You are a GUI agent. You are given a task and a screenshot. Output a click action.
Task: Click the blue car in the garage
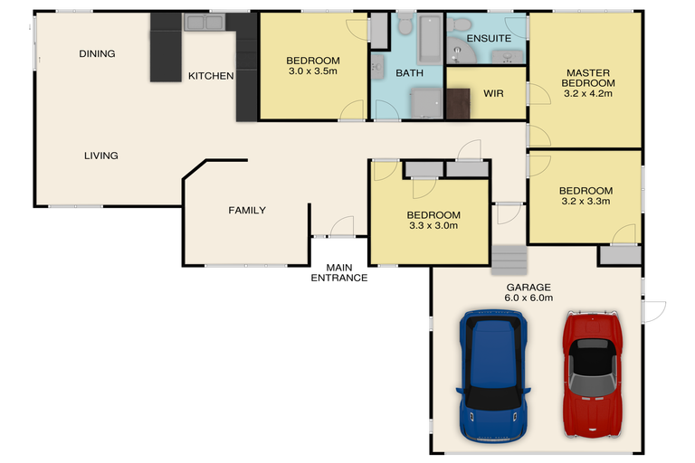point(493,376)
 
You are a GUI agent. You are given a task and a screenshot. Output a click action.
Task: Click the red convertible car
point(593,374)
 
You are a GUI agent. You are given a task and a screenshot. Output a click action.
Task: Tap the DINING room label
point(97,53)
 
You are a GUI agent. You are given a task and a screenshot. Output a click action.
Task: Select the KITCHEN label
point(211,76)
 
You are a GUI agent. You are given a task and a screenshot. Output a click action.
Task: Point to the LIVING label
point(101,156)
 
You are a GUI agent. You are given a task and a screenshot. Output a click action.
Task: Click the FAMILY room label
point(247,210)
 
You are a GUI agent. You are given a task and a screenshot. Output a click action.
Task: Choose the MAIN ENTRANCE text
point(339,273)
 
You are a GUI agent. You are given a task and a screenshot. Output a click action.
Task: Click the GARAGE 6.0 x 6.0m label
point(528,292)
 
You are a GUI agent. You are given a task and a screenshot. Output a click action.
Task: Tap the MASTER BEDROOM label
point(588,78)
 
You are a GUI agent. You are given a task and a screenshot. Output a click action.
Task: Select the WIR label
point(493,93)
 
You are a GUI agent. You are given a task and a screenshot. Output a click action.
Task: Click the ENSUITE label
point(489,39)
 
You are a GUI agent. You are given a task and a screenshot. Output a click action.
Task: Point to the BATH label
point(410,73)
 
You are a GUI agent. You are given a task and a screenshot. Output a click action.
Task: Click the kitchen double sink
point(205,22)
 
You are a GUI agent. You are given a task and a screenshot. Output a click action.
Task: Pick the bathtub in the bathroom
point(430,39)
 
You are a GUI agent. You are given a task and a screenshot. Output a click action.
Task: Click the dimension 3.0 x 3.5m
point(313,71)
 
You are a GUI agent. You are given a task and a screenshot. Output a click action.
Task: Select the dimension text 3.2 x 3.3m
point(586,201)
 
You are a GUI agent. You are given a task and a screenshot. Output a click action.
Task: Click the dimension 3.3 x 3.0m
point(433,225)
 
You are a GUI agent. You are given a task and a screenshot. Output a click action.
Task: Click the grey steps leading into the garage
point(509,260)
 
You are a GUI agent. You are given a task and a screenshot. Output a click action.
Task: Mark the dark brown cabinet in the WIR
point(458,104)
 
